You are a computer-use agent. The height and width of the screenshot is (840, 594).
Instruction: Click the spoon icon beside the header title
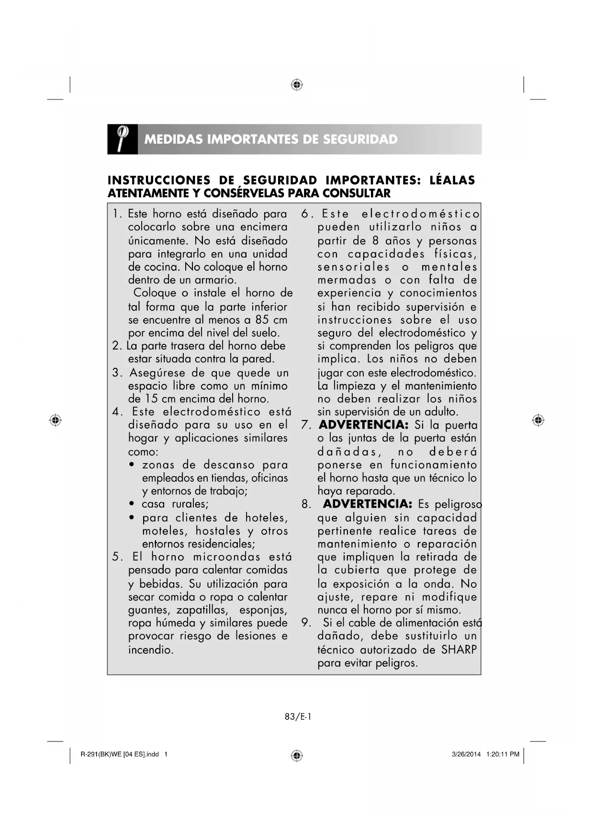click(122, 139)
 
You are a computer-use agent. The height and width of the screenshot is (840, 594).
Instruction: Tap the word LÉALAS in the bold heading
click(452, 181)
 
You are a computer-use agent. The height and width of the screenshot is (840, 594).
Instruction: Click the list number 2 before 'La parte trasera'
click(116, 346)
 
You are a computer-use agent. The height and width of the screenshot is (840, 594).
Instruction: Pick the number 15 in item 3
click(151, 398)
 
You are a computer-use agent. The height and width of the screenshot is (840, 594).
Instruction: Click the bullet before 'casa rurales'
click(132, 504)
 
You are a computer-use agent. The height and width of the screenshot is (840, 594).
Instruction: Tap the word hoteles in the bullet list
click(266, 518)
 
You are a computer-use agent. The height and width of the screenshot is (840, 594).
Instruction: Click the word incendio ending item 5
click(150, 650)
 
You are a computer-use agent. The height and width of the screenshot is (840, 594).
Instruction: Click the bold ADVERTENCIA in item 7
click(363, 425)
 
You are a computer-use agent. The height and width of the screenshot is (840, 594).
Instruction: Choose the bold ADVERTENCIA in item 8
click(367, 504)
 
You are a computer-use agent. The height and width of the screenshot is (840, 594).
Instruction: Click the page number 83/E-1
click(298, 716)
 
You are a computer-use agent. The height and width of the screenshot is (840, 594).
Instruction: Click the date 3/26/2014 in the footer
click(466, 754)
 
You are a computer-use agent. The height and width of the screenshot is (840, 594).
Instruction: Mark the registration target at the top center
click(297, 85)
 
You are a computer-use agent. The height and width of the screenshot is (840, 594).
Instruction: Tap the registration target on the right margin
click(538, 420)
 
